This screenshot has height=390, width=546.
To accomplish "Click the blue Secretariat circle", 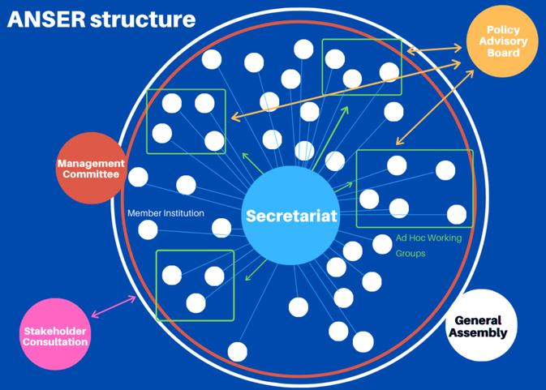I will tap(291, 216).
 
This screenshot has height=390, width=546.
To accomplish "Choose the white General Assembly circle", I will tap(481, 325).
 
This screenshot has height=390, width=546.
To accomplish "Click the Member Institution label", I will tap(166, 213).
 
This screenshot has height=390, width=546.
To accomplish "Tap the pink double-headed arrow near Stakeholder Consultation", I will tap(114, 306).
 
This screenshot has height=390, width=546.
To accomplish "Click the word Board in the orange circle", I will tap(503, 54).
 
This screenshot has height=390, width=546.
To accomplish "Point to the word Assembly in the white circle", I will tap(481, 332).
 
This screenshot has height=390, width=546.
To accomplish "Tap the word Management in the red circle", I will tap(90, 163).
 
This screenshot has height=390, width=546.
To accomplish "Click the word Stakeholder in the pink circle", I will tap(54, 330).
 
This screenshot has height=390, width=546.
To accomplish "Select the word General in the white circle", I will tap(478, 320).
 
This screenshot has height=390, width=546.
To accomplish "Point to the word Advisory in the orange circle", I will tap(503, 41).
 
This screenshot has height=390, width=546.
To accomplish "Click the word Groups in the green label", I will tap(411, 253).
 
